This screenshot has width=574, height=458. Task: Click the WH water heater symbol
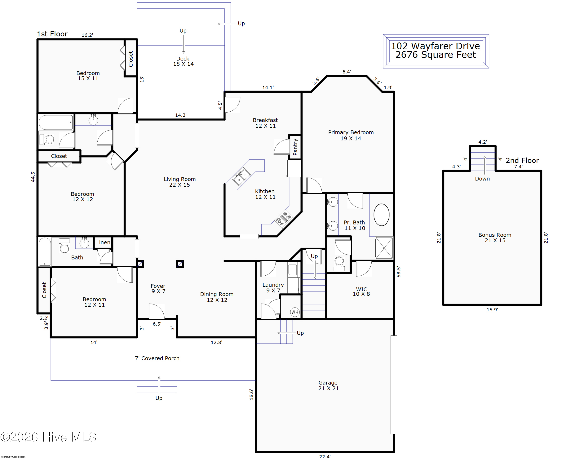coord(294,312)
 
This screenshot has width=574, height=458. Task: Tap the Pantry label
coord(295,147)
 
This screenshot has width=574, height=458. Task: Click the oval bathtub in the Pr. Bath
coord(381,215)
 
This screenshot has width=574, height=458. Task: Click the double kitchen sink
coord(241,176)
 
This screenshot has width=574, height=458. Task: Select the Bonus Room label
coord(495,238)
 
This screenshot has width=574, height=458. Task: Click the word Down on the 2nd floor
coord(482,179)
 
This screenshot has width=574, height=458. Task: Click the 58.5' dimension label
coord(399,272)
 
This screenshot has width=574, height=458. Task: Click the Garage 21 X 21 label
coord(328,385)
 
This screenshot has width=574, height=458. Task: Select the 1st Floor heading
coord(52,34)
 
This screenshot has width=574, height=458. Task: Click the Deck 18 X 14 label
coord(183,61)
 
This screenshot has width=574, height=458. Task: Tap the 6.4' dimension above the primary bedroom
coord(347,72)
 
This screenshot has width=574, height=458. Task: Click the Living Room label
coord(180,182)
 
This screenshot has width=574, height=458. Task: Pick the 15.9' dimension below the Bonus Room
coord(492,310)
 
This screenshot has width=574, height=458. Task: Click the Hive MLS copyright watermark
coord(48,437)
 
